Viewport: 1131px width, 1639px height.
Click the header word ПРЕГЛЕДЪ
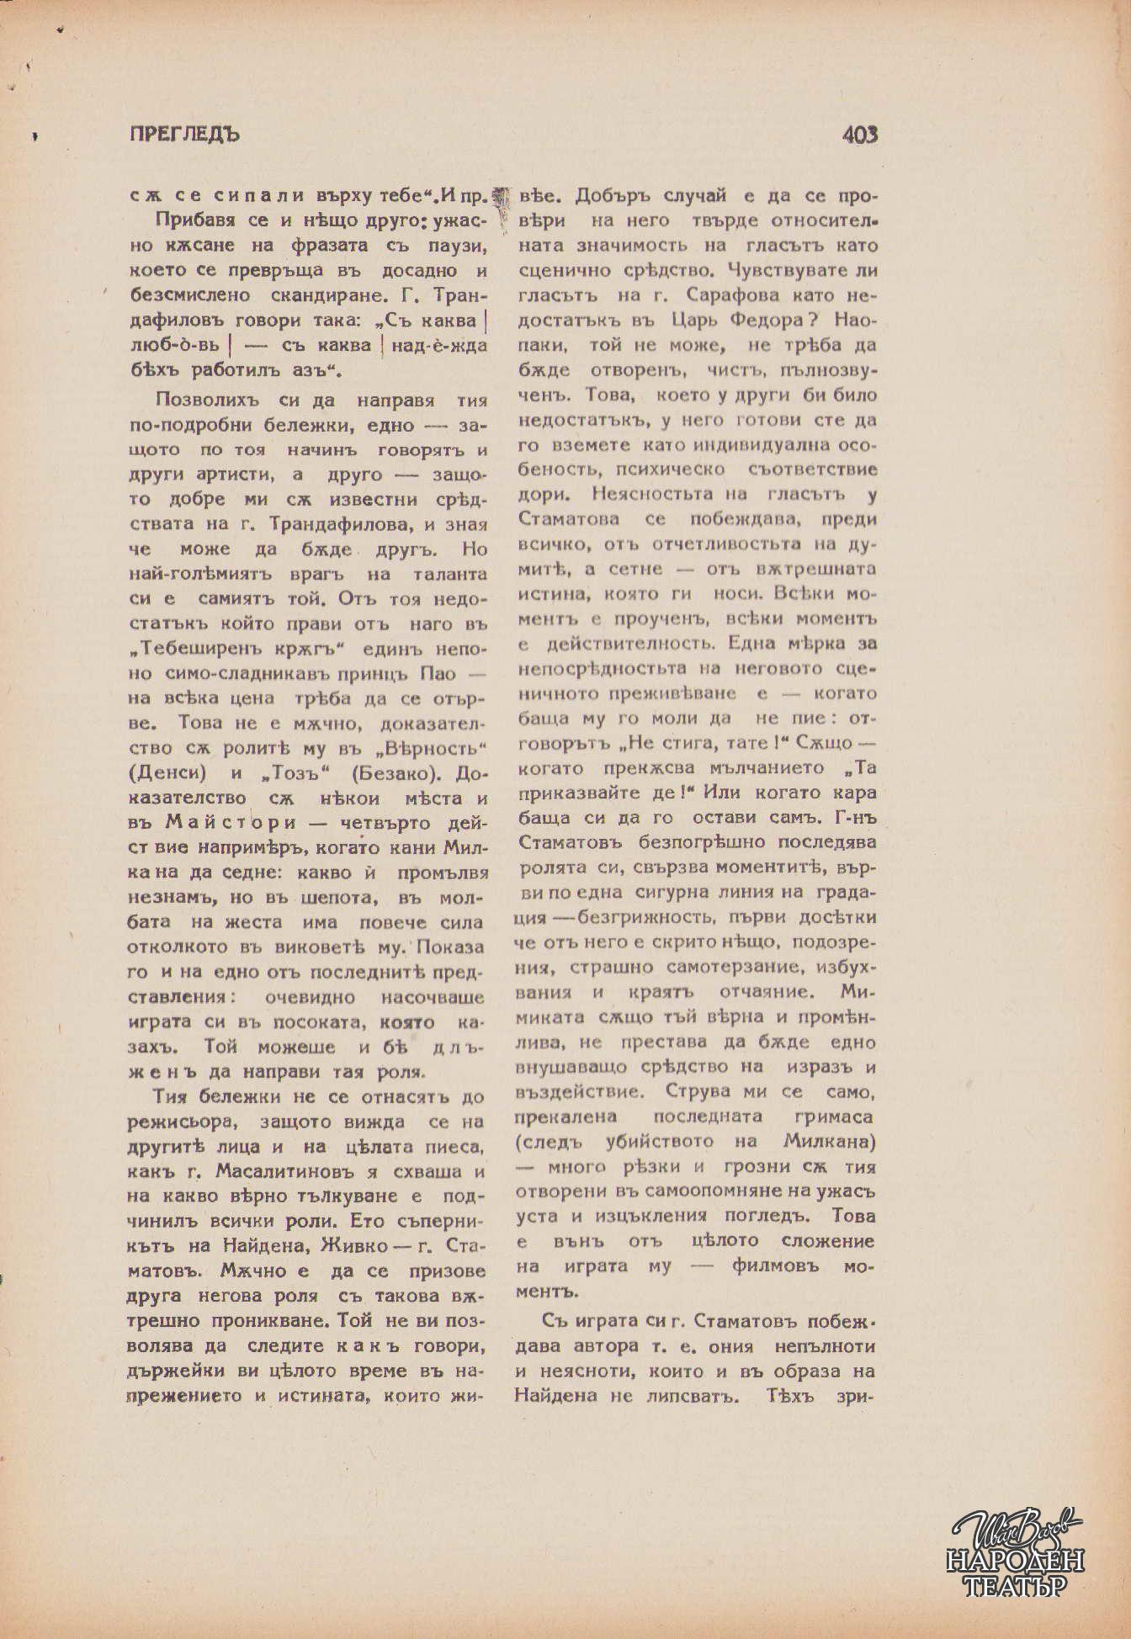click(x=185, y=135)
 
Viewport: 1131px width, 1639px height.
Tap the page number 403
click(x=859, y=135)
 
